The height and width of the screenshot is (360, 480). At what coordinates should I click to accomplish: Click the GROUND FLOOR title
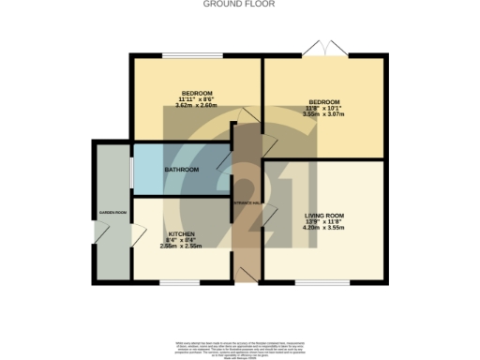point(239,4)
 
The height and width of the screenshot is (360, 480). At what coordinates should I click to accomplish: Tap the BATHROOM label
point(181,170)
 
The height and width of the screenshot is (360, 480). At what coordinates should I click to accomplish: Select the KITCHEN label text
point(181,233)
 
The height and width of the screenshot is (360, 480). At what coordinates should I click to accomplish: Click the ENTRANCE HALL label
point(246,202)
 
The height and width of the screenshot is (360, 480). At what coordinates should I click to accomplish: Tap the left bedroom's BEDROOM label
point(196,94)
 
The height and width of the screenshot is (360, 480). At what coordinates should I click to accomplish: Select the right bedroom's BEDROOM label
point(323,101)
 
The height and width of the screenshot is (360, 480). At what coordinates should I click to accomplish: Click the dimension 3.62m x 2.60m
point(196,106)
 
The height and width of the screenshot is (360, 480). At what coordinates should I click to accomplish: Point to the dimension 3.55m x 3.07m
point(323,114)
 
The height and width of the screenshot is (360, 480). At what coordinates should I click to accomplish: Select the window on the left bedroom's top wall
point(196,55)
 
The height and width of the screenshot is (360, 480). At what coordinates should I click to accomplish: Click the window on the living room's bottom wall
point(323,280)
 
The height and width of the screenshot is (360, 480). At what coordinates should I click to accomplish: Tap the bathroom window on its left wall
point(132,169)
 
